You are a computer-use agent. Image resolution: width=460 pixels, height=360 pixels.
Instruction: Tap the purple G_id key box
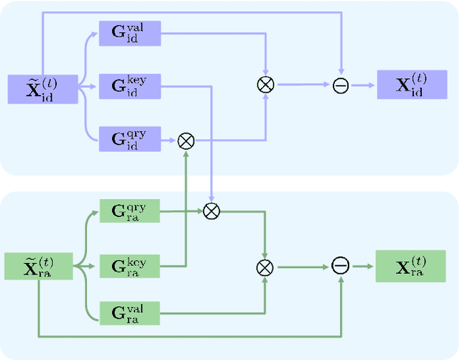point(129,87)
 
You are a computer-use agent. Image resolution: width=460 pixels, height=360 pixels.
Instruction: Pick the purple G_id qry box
point(129,139)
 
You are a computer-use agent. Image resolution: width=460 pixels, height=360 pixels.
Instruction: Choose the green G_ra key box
point(129,267)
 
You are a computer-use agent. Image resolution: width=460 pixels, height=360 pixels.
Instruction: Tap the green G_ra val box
point(129,313)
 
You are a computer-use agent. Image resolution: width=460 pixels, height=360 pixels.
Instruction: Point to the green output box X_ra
point(410,266)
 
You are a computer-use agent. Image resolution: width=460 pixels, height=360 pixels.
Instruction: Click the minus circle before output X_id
point(341,86)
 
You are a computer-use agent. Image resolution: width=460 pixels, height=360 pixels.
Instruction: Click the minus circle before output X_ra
point(341,266)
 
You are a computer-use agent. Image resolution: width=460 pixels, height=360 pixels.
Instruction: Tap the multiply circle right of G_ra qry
point(211,211)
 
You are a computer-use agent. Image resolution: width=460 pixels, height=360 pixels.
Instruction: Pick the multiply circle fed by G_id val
point(266,85)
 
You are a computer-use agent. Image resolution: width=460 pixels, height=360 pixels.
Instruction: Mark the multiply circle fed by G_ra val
point(266,267)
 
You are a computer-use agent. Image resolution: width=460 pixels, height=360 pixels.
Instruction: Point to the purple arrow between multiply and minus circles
point(303,85)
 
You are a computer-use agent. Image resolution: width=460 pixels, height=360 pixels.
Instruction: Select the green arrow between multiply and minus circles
point(303,267)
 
